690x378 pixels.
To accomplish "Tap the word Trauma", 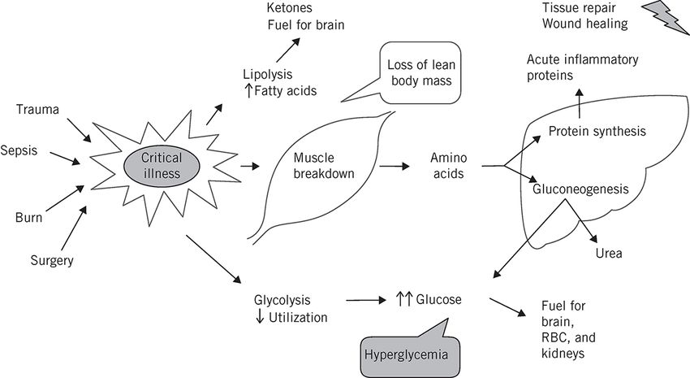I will (x=37, y=109).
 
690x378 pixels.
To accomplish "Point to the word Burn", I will (x=28, y=218).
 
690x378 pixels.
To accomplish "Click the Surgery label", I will (x=51, y=261).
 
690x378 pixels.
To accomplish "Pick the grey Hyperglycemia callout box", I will (x=403, y=354).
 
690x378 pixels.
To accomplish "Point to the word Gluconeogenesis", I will (x=580, y=189).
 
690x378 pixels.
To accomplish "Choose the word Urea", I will (x=609, y=254).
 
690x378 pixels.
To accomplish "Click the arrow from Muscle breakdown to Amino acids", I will (x=394, y=166).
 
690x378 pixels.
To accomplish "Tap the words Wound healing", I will (x=585, y=24).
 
